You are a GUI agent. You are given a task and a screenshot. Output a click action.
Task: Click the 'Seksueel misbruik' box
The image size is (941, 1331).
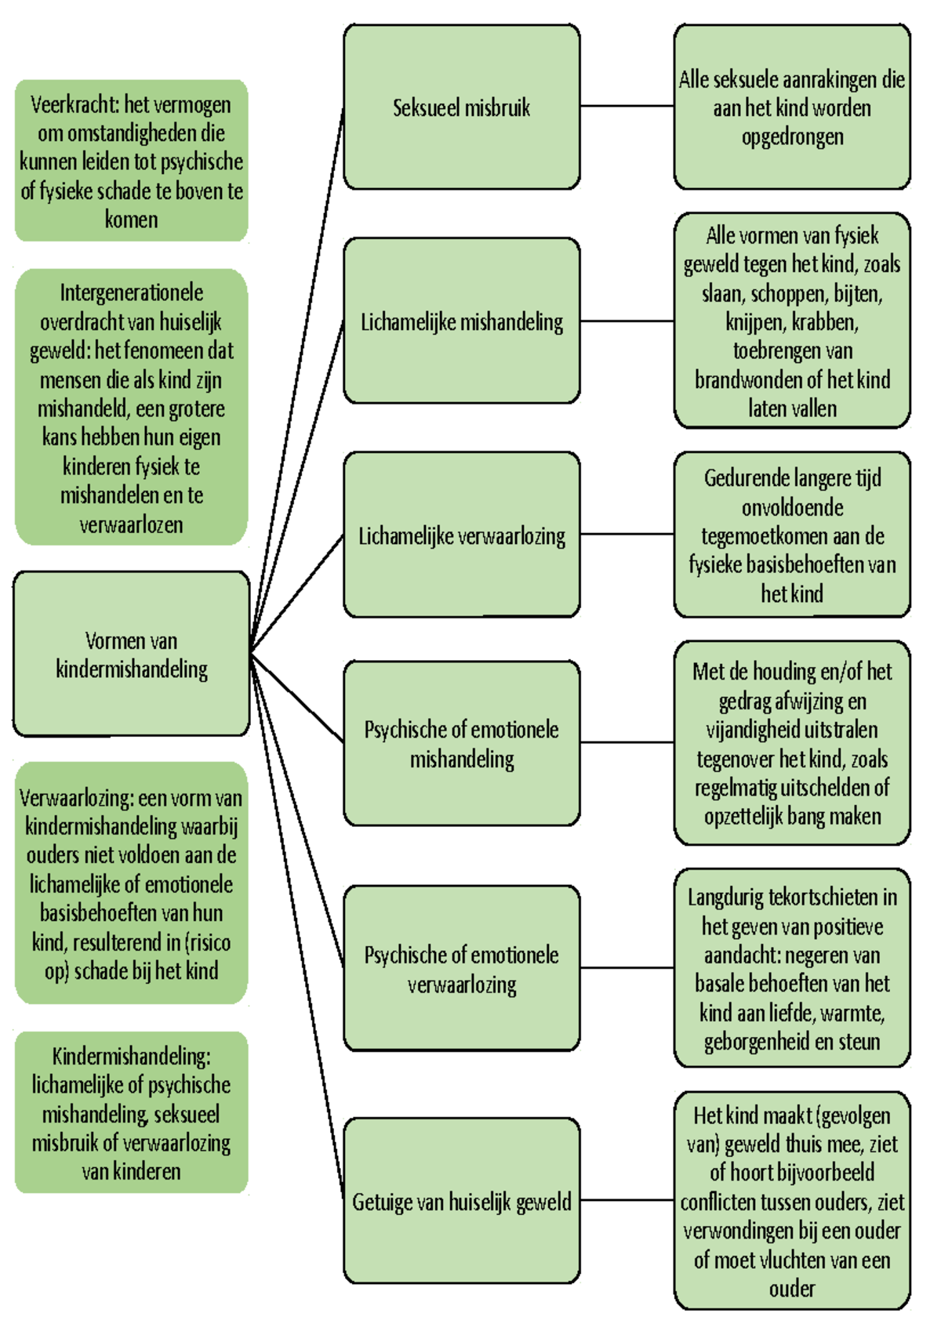tap(461, 107)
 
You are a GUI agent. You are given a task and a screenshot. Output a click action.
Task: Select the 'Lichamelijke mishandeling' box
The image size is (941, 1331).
tap(461, 321)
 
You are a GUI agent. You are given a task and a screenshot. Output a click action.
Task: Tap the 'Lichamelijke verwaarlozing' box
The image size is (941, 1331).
tap(461, 535)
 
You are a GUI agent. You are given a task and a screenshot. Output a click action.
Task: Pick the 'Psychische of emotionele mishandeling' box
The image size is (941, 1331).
tap(461, 743)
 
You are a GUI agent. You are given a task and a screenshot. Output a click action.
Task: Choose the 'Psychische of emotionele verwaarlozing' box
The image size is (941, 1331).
tap(461, 969)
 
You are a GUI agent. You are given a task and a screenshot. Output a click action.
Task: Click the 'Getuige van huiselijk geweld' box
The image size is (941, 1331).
tap(461, 1201)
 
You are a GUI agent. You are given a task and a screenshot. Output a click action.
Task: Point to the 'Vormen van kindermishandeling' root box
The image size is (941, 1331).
tap(131, 655)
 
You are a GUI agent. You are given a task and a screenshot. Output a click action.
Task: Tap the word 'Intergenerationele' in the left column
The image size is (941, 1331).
tap(131, 293)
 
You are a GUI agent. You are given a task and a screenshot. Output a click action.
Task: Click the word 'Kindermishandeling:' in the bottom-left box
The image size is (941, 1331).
tap(131, 1056)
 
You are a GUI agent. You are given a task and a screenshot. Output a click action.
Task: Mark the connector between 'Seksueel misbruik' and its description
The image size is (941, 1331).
tap(627, 106)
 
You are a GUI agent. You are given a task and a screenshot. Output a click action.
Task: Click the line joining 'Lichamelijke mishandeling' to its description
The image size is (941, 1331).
tap(627, 321)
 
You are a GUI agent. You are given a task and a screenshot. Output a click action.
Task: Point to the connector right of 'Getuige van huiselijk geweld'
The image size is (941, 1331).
tap(627, 1200)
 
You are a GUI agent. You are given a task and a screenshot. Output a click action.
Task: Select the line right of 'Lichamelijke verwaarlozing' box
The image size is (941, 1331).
tap(627, 534)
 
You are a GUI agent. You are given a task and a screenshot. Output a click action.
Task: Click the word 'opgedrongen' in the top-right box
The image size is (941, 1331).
tap(792, 137)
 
